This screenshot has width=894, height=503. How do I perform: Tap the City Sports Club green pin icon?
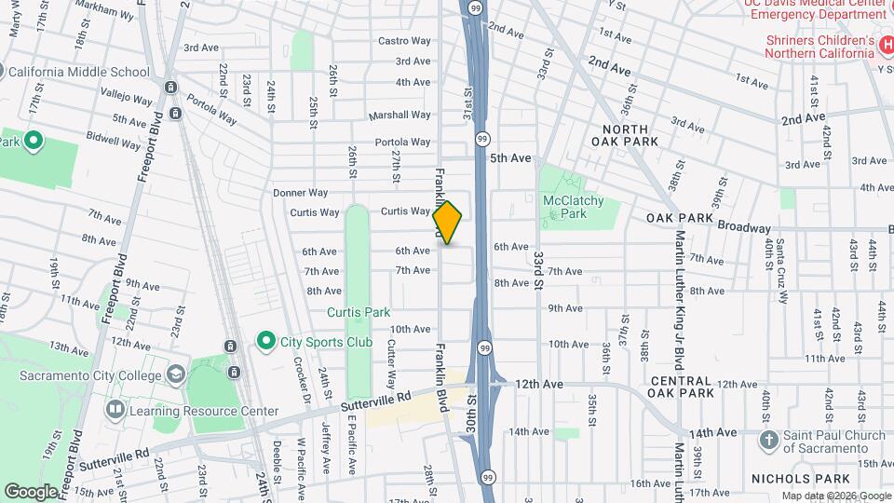pos(267,341)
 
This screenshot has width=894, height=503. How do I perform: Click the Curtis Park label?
pos(359,311)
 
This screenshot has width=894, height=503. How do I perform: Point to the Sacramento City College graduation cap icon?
pos(174,374)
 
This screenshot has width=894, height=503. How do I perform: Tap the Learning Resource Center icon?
pos(115,410)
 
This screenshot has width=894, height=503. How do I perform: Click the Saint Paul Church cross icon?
pos(768,439)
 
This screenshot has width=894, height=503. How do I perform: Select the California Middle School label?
pos(77,72)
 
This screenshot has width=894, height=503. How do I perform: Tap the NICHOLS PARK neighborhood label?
pos(794,478)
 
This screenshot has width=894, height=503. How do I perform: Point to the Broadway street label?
pos(743,228)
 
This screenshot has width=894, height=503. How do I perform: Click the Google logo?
pos(32,491)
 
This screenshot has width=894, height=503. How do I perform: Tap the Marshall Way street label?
pos(400,116)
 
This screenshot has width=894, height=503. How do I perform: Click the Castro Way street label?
pos(404,41)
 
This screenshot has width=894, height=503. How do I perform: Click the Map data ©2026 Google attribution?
pos(835,496)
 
